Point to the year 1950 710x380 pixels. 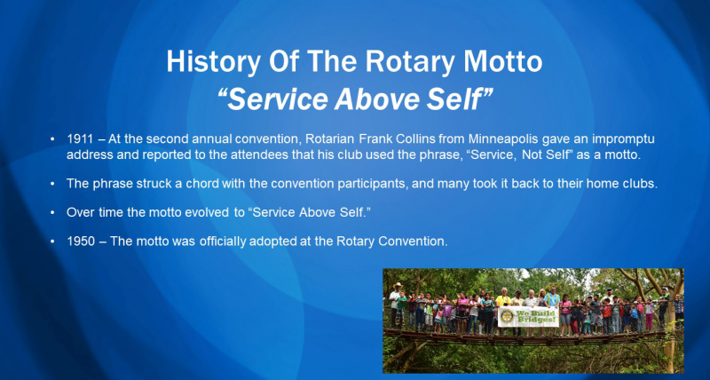[81, 241]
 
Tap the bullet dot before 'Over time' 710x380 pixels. [53, 212]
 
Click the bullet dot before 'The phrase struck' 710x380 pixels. [53, 184]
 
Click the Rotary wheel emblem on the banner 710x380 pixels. [507, 317]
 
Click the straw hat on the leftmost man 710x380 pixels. [397, 285]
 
